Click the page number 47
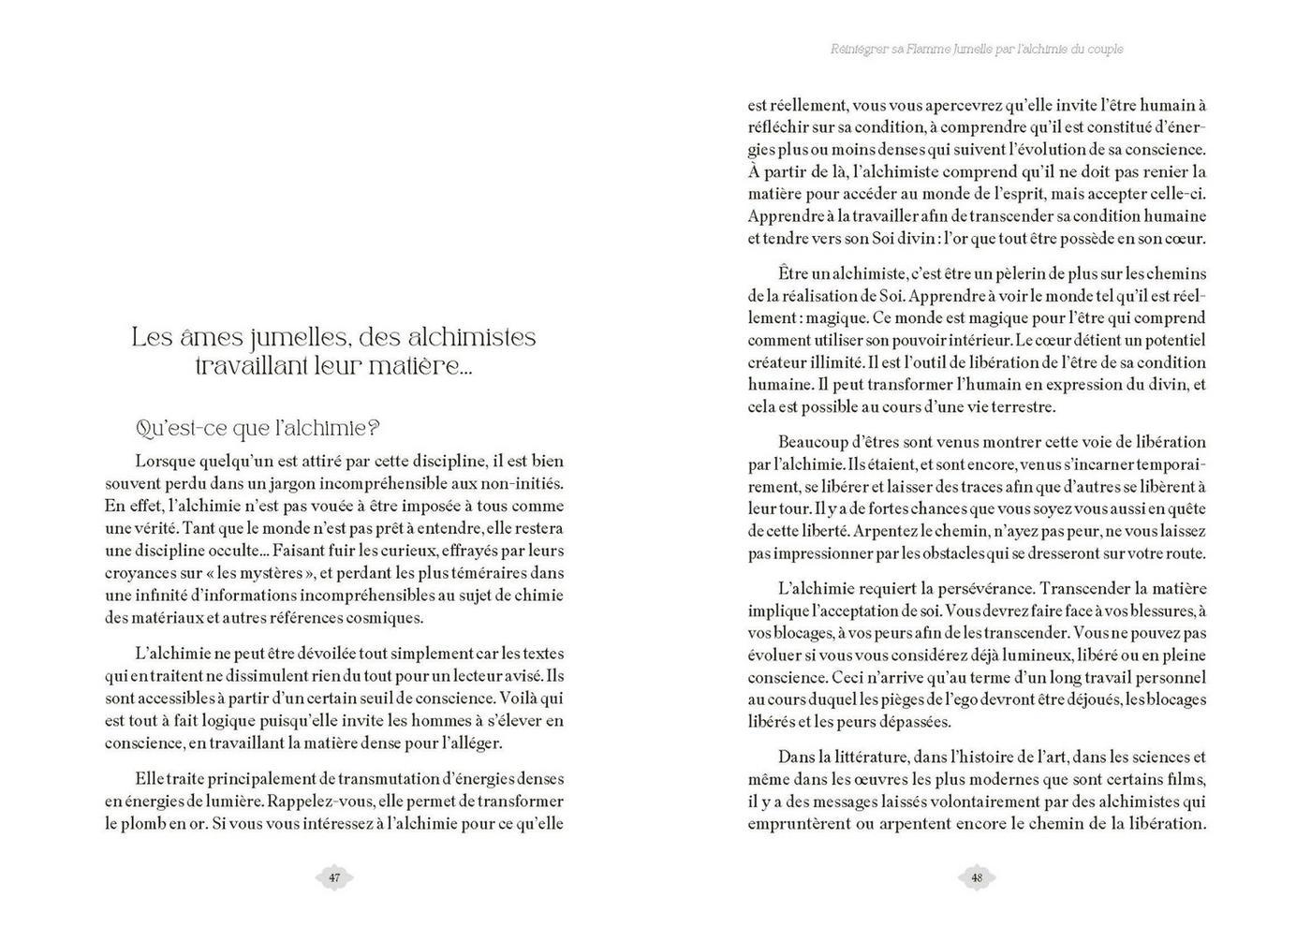334,877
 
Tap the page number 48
977,877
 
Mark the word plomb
142,824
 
